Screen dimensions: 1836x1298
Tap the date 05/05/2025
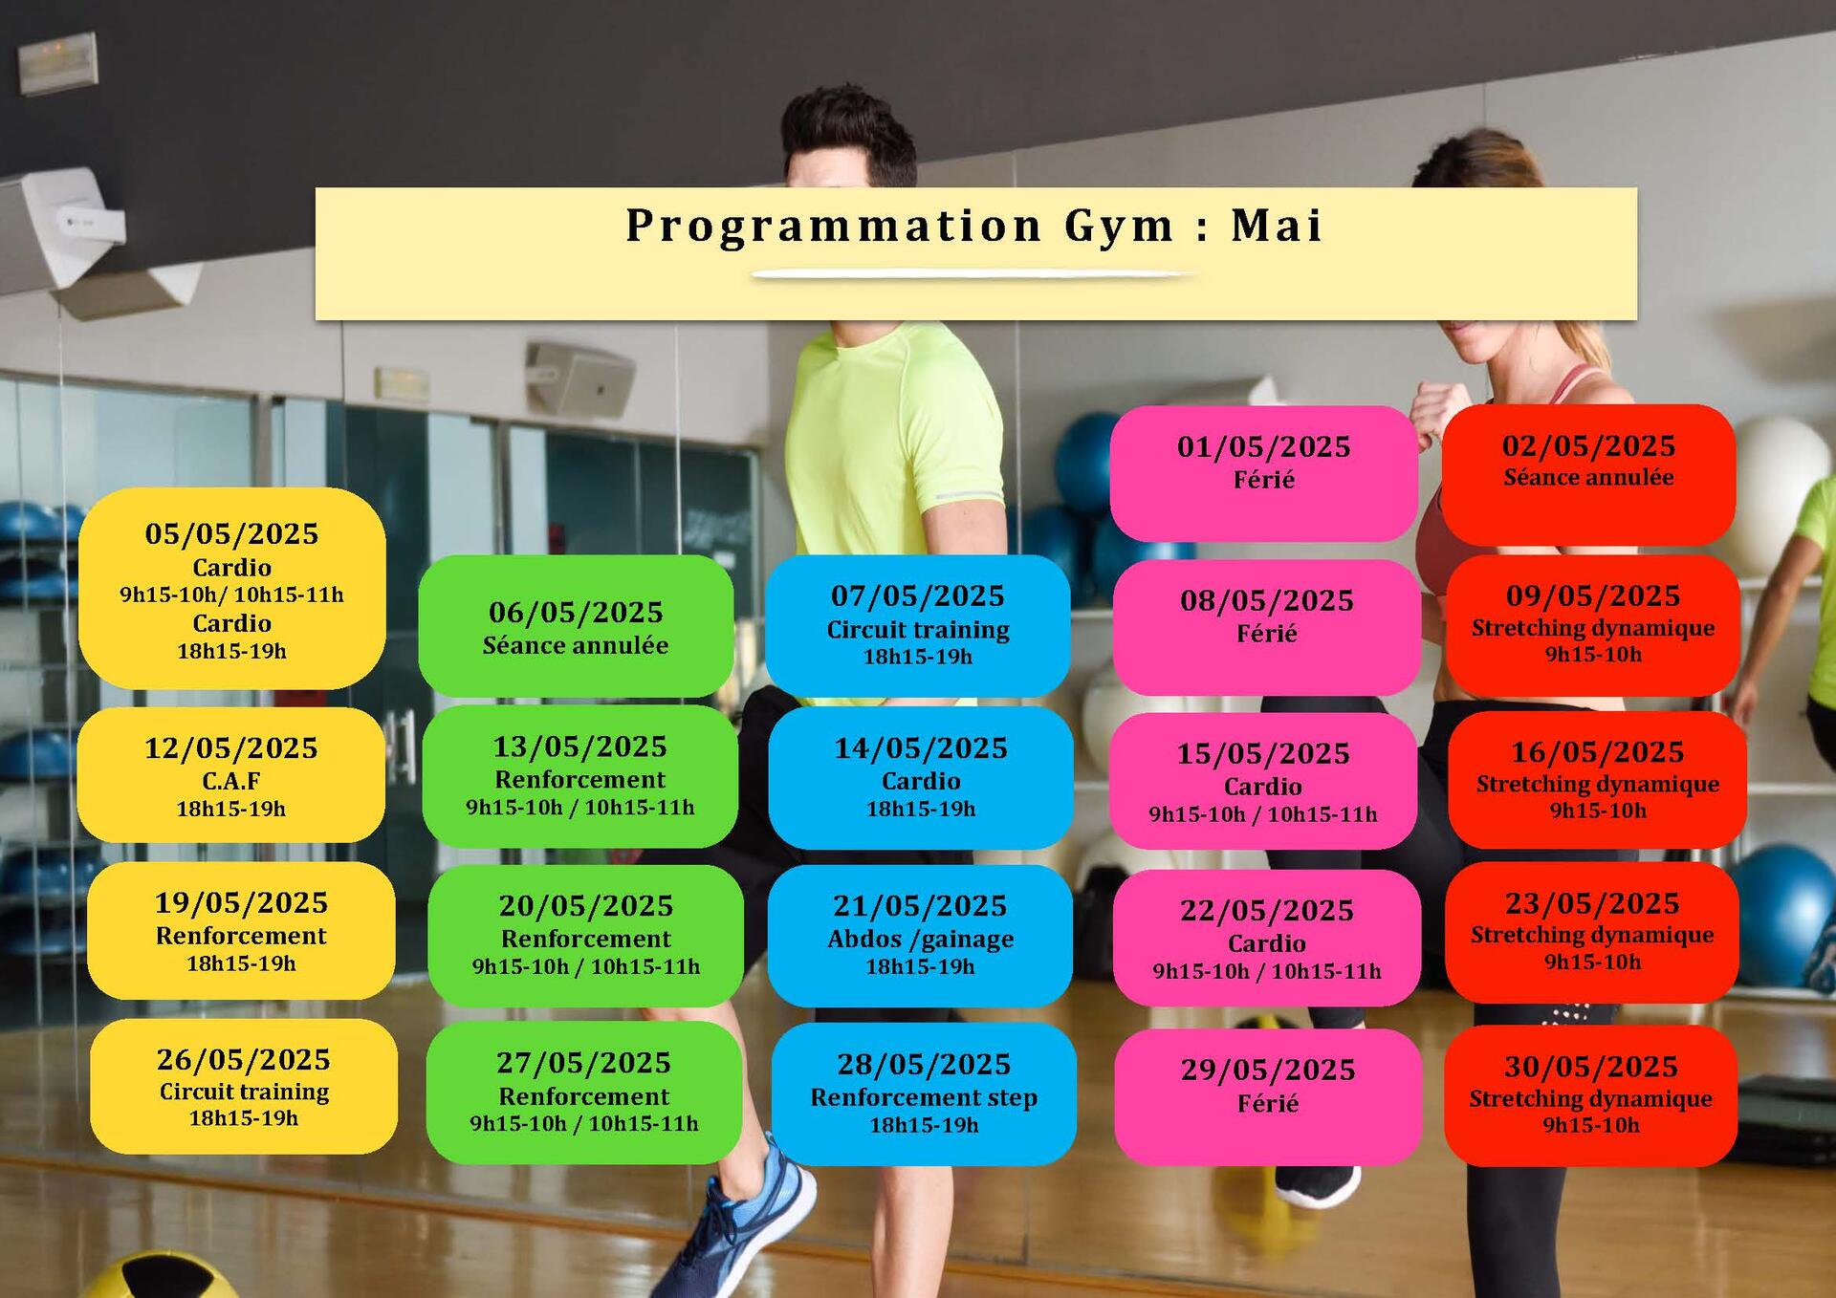point(231,533)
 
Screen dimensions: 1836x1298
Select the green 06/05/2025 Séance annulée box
point(576,626)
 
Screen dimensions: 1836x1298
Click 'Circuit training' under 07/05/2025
point(918,630)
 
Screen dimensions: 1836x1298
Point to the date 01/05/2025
point(1263,446)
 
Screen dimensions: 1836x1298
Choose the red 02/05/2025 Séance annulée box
point(1588,475)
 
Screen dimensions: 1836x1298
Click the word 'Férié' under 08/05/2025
point(1267,634)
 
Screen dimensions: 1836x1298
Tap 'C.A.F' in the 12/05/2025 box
point(231,781)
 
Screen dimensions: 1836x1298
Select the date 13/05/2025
point(579,746)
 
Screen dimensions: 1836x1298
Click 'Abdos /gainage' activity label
point(920,940)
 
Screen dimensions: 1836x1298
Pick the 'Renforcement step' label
point(924,1097)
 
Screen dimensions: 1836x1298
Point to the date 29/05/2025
point(1268,1070)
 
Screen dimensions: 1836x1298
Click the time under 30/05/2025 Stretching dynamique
point(1590,1126)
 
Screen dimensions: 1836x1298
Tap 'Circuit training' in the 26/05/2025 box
point(244,1092)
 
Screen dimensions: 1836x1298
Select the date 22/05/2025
point(1267,910)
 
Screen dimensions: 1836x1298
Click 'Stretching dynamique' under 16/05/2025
point(1598,785)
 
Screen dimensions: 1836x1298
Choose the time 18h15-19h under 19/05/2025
point(241,963)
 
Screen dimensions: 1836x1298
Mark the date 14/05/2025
point(921,747)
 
